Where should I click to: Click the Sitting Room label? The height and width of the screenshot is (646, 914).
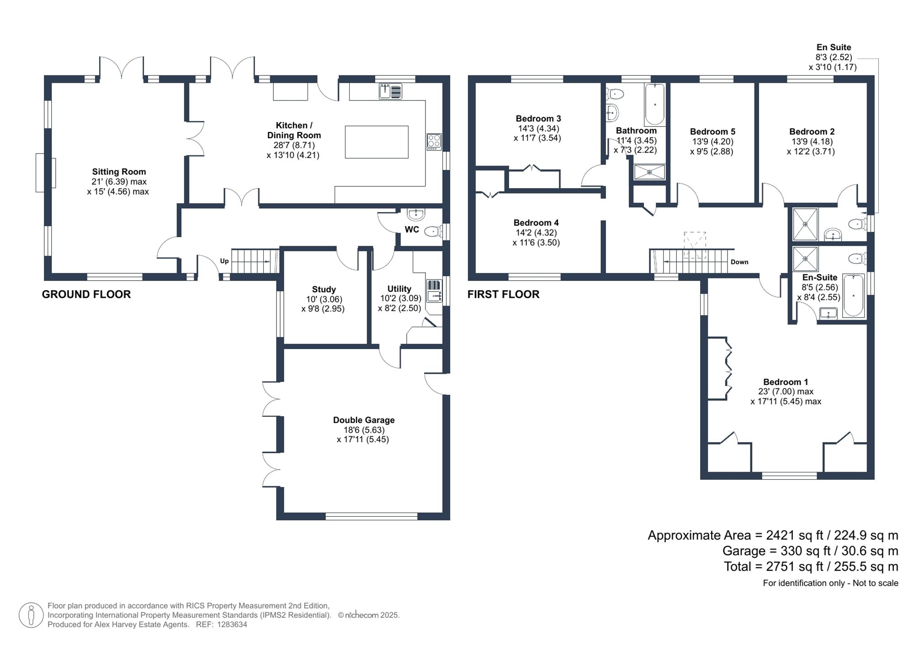tap(119, 172)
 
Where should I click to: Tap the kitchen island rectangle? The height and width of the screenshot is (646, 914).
tap(376, 142)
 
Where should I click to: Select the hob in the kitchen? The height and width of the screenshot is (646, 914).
tap(434, 142)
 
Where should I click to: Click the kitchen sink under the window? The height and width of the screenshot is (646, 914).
tap(390, 91)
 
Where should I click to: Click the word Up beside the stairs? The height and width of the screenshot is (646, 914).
tap(224, 261)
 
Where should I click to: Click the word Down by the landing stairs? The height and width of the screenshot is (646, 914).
tap(739, 262)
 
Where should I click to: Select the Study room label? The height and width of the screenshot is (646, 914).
tap(324, 289)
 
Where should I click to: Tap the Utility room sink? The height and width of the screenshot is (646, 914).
tap(434, 291)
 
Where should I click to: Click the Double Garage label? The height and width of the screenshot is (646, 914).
tap(363, 420)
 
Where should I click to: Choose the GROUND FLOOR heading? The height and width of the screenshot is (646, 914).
tap(86, 294)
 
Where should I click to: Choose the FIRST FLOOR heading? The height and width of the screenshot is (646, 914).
tap(503, 294)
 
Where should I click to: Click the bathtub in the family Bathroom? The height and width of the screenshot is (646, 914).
tap(654, 105)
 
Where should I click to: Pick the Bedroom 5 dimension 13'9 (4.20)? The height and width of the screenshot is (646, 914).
tap(712, 142)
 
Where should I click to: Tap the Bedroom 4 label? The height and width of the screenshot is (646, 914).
tap(536, 222)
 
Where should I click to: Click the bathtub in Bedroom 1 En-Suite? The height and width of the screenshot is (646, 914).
tap(853, 296)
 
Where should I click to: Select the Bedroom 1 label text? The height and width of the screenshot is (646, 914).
tap(786, 382)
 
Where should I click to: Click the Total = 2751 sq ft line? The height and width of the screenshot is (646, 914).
tap(811, 567)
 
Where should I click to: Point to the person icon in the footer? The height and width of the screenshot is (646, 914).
tap(31, 614)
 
